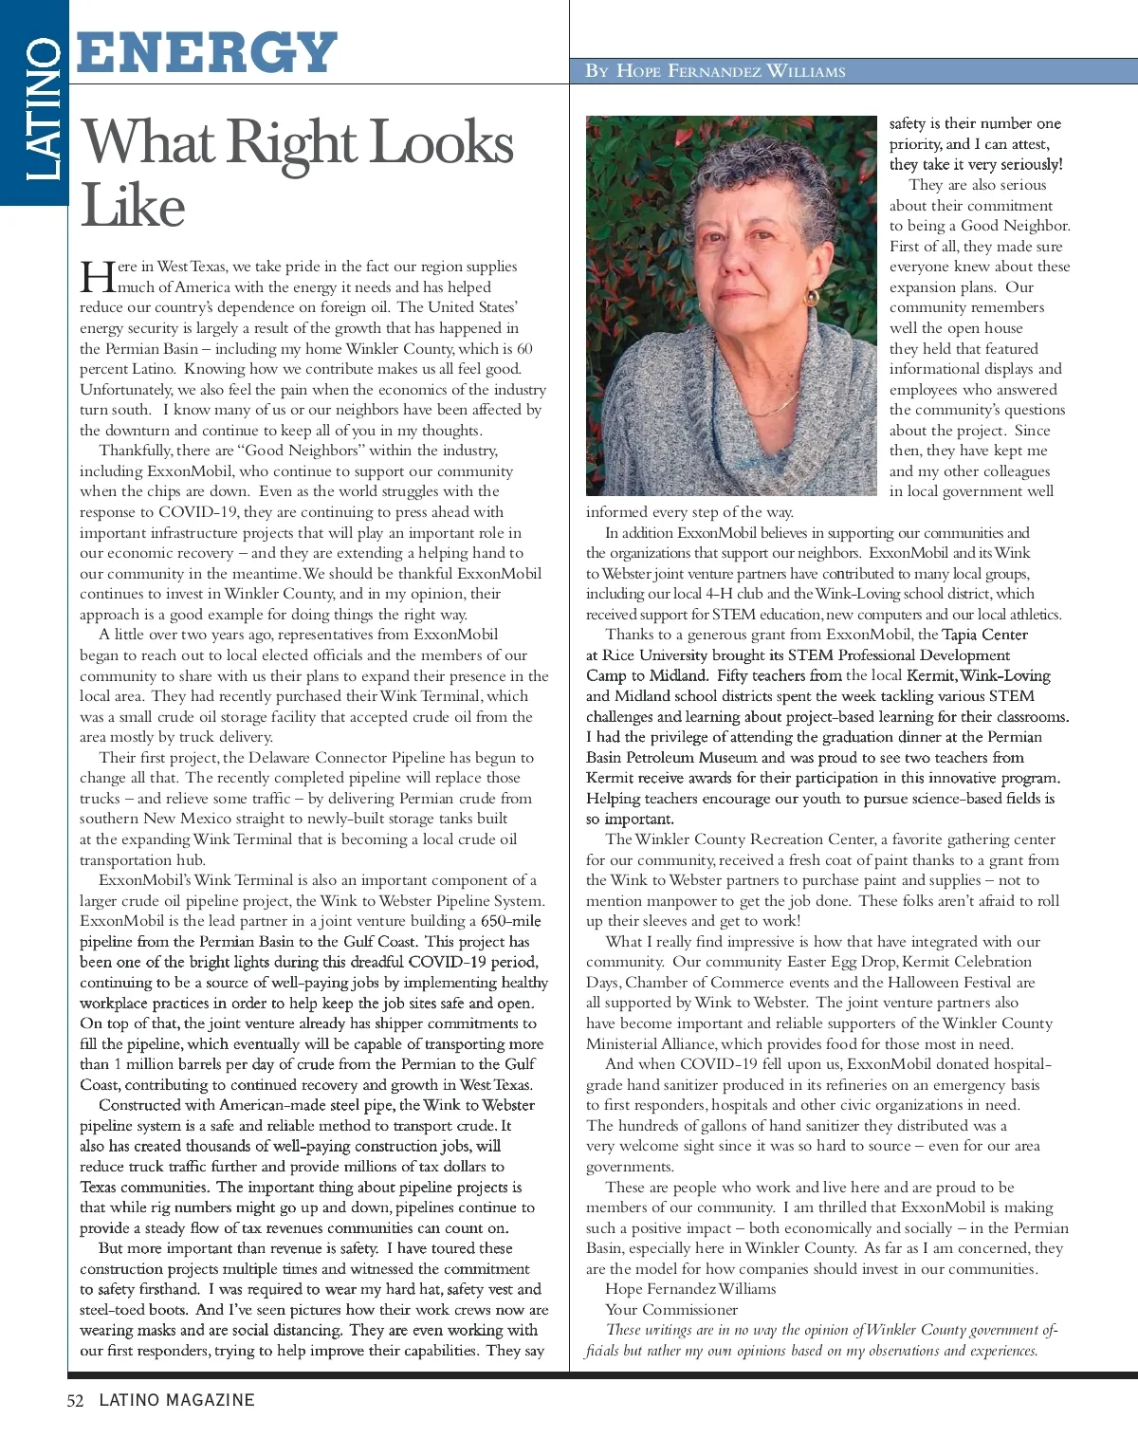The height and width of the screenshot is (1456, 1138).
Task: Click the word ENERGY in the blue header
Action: (x=207, y=52)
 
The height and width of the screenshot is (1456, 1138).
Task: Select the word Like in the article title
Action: (x=133, y=206)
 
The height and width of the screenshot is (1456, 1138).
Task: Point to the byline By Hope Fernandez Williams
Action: (x=715, y=71)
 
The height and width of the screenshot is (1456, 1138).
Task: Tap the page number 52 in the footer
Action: (x=76, y=1400)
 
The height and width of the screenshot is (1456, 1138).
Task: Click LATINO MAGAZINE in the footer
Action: (x=177, y=1400)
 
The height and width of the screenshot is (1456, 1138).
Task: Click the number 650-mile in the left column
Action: (x=511, y=921)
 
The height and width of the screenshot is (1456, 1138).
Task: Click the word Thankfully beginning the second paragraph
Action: (x=136, y=451)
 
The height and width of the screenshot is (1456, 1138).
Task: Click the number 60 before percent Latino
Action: (x=524, y=349)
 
